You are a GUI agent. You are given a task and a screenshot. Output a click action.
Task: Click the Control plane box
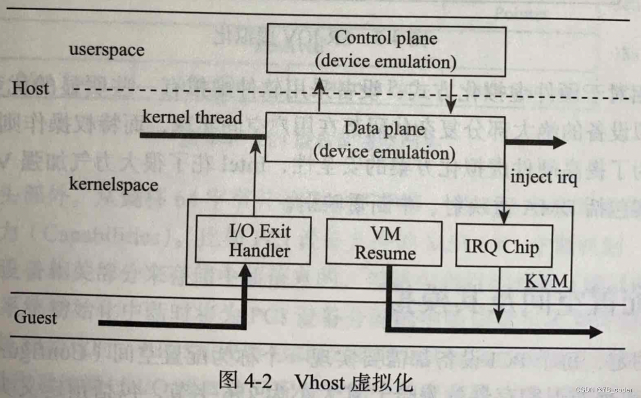coord(386,50)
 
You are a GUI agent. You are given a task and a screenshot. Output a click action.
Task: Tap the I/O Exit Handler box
coord(253,241)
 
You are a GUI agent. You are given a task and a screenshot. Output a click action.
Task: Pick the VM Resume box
coord(384,243)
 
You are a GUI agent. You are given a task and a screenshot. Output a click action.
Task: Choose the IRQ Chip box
coord(502,247)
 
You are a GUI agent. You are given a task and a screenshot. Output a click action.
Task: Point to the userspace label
coord(107,50)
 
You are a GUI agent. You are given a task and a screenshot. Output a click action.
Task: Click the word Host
coord(31,88)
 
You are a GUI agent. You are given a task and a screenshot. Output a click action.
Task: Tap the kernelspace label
coord(114,184)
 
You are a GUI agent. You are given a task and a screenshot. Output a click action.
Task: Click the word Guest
coord(35,316)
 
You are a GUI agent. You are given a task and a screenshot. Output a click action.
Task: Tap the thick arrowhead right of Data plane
coord(558,142)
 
